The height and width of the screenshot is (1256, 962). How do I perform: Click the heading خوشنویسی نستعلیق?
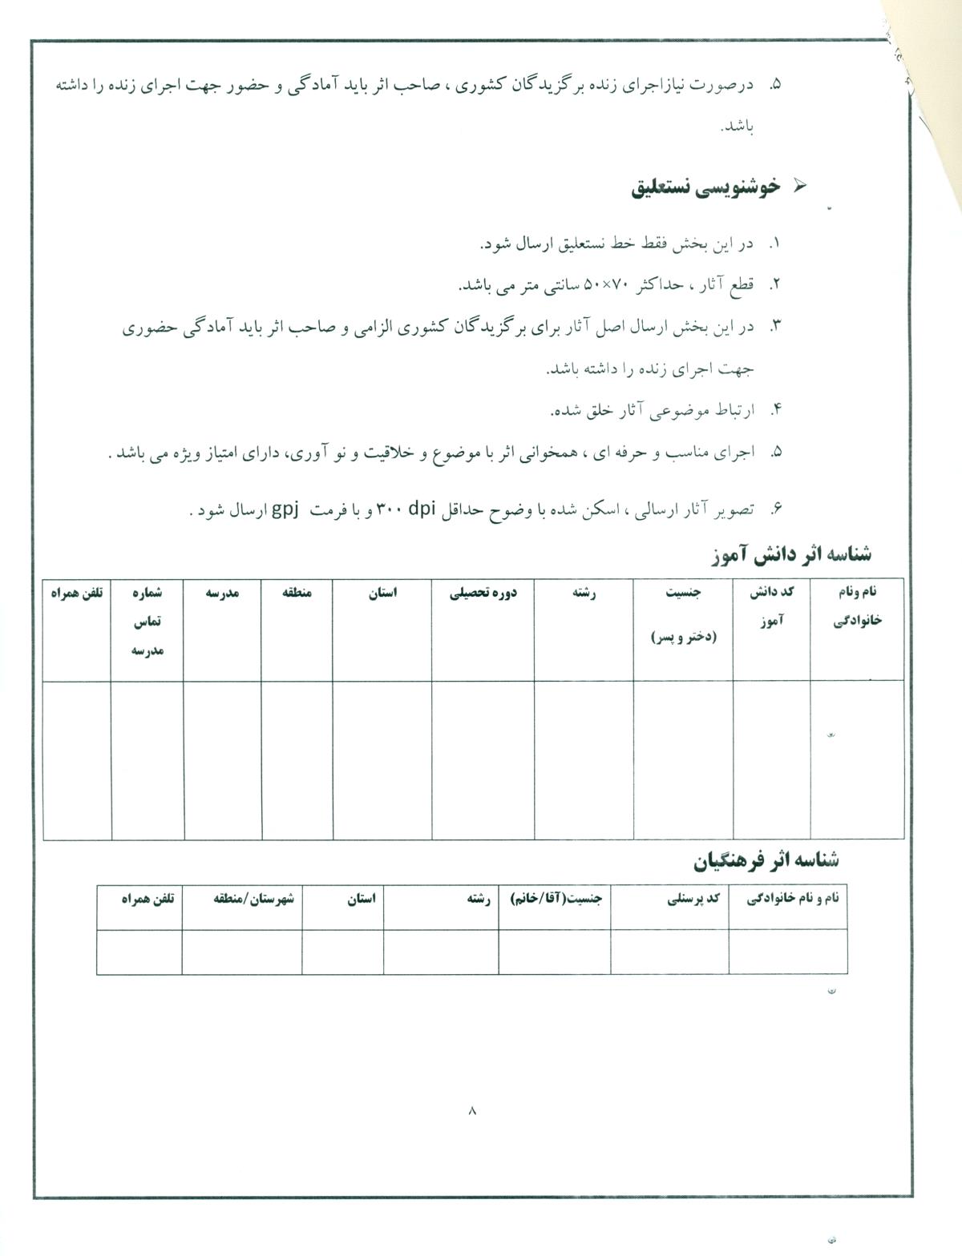pos(705,187)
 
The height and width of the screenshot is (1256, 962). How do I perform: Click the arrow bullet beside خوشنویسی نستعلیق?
pos(798,186)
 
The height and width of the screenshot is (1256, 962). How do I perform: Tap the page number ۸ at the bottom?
pos(471,1110)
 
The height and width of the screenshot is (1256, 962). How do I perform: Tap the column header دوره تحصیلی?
pos(483,593)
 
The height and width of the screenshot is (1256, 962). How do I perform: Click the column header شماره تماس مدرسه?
pos(147,622)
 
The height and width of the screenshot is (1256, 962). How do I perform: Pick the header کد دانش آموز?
pos(771,606)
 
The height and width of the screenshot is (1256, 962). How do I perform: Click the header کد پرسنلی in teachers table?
pos(694,900)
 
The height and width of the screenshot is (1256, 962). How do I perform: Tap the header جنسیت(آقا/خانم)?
pos(556,900)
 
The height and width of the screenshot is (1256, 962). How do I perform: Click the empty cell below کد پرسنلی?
pos(669,952)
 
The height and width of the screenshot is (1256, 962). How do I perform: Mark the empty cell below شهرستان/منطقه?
pos(242,952)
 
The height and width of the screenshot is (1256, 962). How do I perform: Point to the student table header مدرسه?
pos(222,593)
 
